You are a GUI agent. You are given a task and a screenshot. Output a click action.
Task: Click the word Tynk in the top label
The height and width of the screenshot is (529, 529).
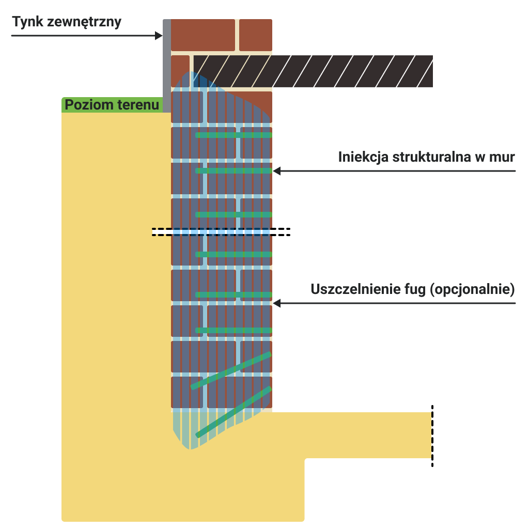[28, 22]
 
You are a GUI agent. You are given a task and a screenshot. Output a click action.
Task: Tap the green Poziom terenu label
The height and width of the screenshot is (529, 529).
[112, 104]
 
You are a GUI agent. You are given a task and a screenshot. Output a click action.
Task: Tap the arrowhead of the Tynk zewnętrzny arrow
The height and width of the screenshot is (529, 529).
[159, 36]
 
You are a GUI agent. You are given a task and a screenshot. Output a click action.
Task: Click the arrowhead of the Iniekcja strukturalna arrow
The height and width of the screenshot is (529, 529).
[277, 171]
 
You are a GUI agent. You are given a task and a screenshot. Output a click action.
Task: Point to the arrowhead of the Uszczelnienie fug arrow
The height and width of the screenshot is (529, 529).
[277, 303]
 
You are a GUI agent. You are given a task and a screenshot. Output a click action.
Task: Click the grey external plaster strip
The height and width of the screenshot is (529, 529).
[167, 66]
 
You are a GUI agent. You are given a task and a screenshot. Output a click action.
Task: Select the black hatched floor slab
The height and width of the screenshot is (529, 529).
[313, 71]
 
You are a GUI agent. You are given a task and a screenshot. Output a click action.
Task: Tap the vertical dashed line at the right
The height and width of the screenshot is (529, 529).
[432, 436]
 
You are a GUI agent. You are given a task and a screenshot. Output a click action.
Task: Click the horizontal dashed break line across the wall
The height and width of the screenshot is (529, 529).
[221, 232]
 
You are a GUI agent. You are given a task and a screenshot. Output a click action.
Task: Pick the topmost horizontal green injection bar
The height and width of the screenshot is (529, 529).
[234, 135]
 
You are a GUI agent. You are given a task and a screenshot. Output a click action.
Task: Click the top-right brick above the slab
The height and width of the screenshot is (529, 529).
[256, 35]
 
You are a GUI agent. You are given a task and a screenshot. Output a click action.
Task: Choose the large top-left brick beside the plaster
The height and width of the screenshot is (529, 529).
[203, 35]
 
